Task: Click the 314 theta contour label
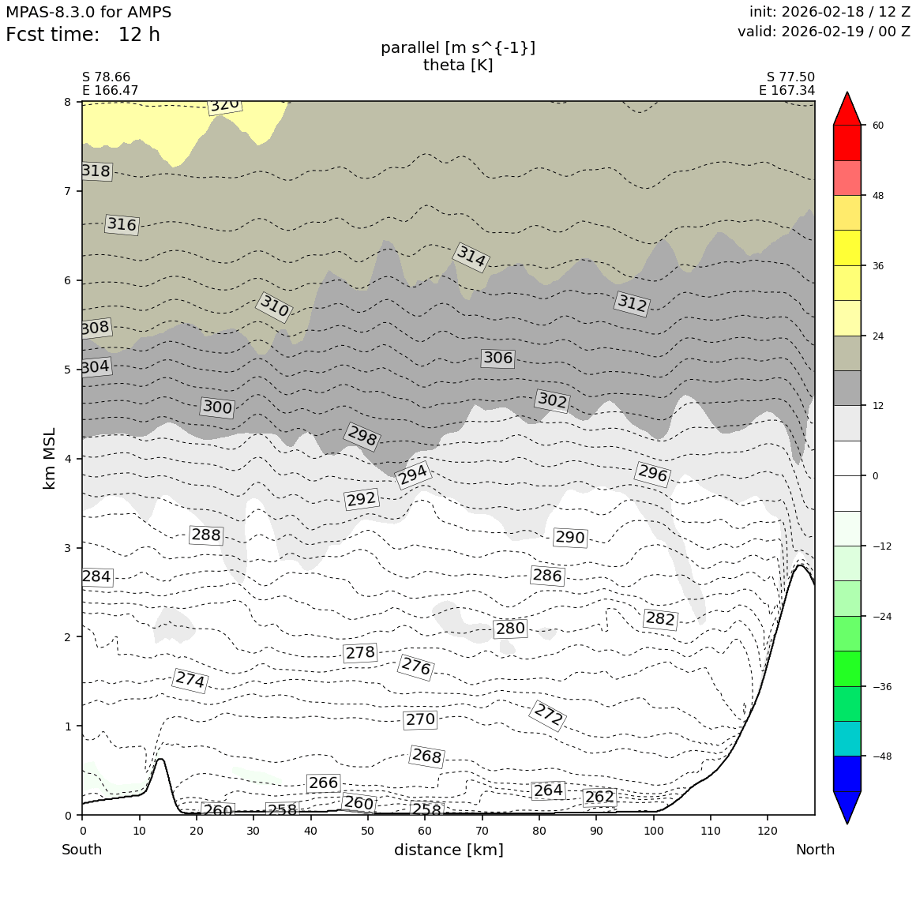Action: (x=471, y=257)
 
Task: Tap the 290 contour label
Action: (x=569, y=538)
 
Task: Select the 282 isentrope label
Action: (x=660, y=619)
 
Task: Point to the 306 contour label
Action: (x=497, y=358)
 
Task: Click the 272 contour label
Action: (x=548, y=715)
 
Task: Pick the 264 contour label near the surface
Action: (x=548, y=790)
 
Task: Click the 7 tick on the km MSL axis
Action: (x=67, y=191)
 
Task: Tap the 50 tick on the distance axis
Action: (x=367, y=831)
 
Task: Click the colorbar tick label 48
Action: (x=878, y=196)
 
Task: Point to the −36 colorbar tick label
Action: (x=881, y=687)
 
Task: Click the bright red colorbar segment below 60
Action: (x=847, y=143)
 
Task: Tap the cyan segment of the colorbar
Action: (x=847, y=738)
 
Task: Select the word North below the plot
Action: (x=815, y=850)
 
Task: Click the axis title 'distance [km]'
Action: (x=449, y=850)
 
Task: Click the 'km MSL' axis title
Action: (x=50, y=459)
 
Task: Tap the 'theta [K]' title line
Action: (x=458, y=65)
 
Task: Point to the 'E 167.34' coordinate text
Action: (x=786, y=91)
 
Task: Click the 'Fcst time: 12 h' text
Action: (x=83, y=35)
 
